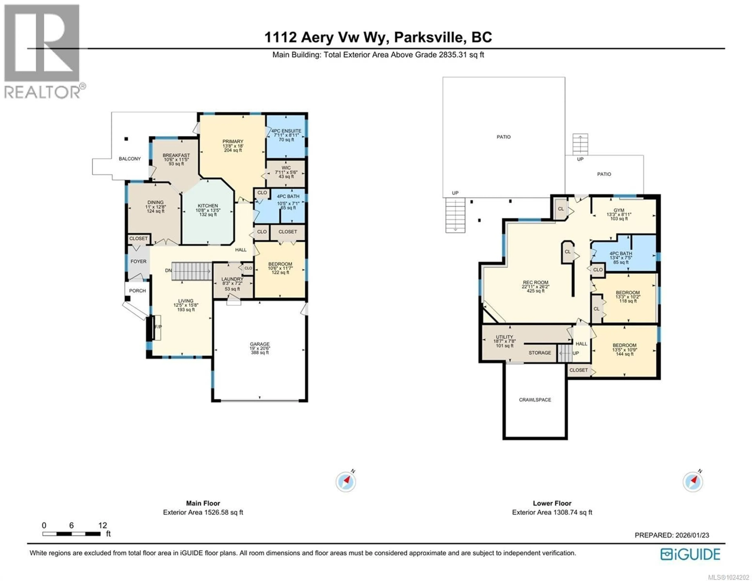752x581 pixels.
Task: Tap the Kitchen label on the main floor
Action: [208, 206]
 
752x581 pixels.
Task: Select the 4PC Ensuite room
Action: [286, 135]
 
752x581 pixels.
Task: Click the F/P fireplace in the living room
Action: [158, 327]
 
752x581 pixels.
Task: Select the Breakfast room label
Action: [176, 155]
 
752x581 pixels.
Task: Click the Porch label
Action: [137, 291]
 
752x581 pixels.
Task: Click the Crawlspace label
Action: [535, 400]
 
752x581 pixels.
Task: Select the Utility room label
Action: [504, 337]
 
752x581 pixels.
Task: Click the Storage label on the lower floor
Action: [540, 353]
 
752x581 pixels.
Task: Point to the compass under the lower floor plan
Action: [692, 482]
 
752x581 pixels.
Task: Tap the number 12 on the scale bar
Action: [103, 525]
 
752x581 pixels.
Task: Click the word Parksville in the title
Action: [428, 37]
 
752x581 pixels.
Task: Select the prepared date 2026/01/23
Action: [692, 535]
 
